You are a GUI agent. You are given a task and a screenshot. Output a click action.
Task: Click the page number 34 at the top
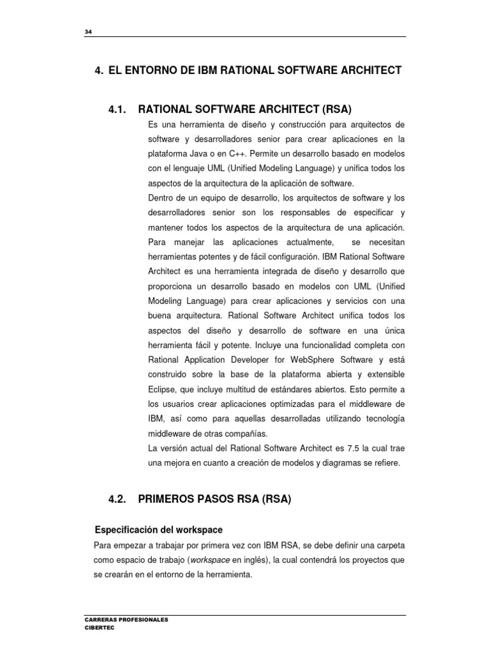88,33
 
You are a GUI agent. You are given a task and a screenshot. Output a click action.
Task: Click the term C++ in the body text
239,154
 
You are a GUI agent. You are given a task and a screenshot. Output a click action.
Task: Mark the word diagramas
332,463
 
